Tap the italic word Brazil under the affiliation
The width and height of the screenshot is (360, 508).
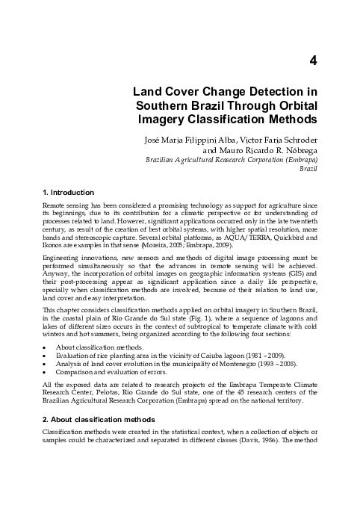[310, 170]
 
